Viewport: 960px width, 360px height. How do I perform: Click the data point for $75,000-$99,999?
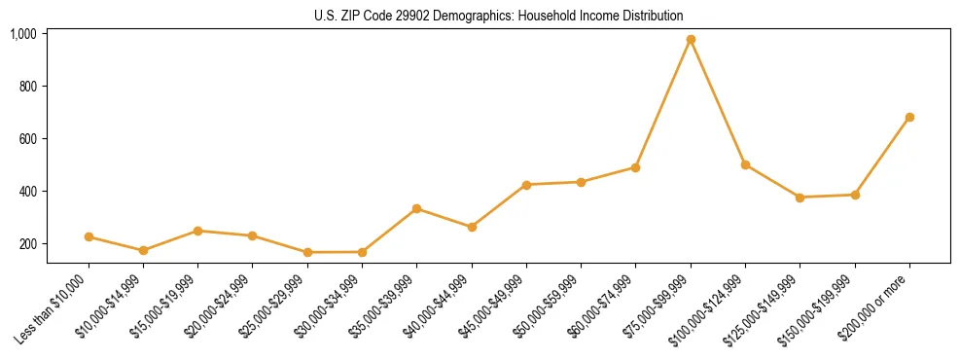click(691, 40)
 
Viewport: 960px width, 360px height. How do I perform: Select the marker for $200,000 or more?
click(909, 117)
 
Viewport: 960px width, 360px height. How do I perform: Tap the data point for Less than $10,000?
click(89, 236)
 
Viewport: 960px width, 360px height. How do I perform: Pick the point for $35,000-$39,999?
click(416, 208)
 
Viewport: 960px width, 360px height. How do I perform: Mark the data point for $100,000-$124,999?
click(745, 164)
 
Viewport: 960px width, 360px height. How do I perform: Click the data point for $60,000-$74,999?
click(635, 167)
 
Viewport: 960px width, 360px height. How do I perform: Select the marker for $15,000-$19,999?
click(197, 231)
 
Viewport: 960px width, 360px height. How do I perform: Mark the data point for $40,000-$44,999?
click(472, 227)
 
